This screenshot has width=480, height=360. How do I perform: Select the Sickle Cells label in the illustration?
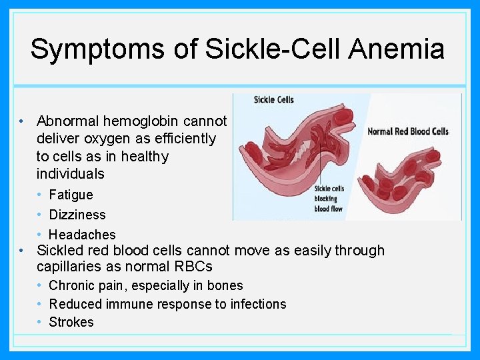click(x=273, y=100)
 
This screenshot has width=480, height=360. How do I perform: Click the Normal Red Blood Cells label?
click(x=408, y=131)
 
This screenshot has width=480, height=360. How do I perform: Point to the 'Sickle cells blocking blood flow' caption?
click(x=329, y=199)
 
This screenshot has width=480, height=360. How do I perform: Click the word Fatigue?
click(x=71, y=195)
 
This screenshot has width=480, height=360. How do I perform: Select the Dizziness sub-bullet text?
click(x=77, y=215)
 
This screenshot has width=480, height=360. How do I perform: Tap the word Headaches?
click(x=82, y=235)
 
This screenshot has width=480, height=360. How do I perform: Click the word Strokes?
click(x=71, y=322)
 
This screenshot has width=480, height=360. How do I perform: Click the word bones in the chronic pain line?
click(x=226, y=285)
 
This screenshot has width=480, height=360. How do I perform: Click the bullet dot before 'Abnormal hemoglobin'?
click(x=22, y=121)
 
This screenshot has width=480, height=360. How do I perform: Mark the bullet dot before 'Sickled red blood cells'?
click(x=22, y=251)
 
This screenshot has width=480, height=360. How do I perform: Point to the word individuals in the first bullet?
click(x=71, y=174)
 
